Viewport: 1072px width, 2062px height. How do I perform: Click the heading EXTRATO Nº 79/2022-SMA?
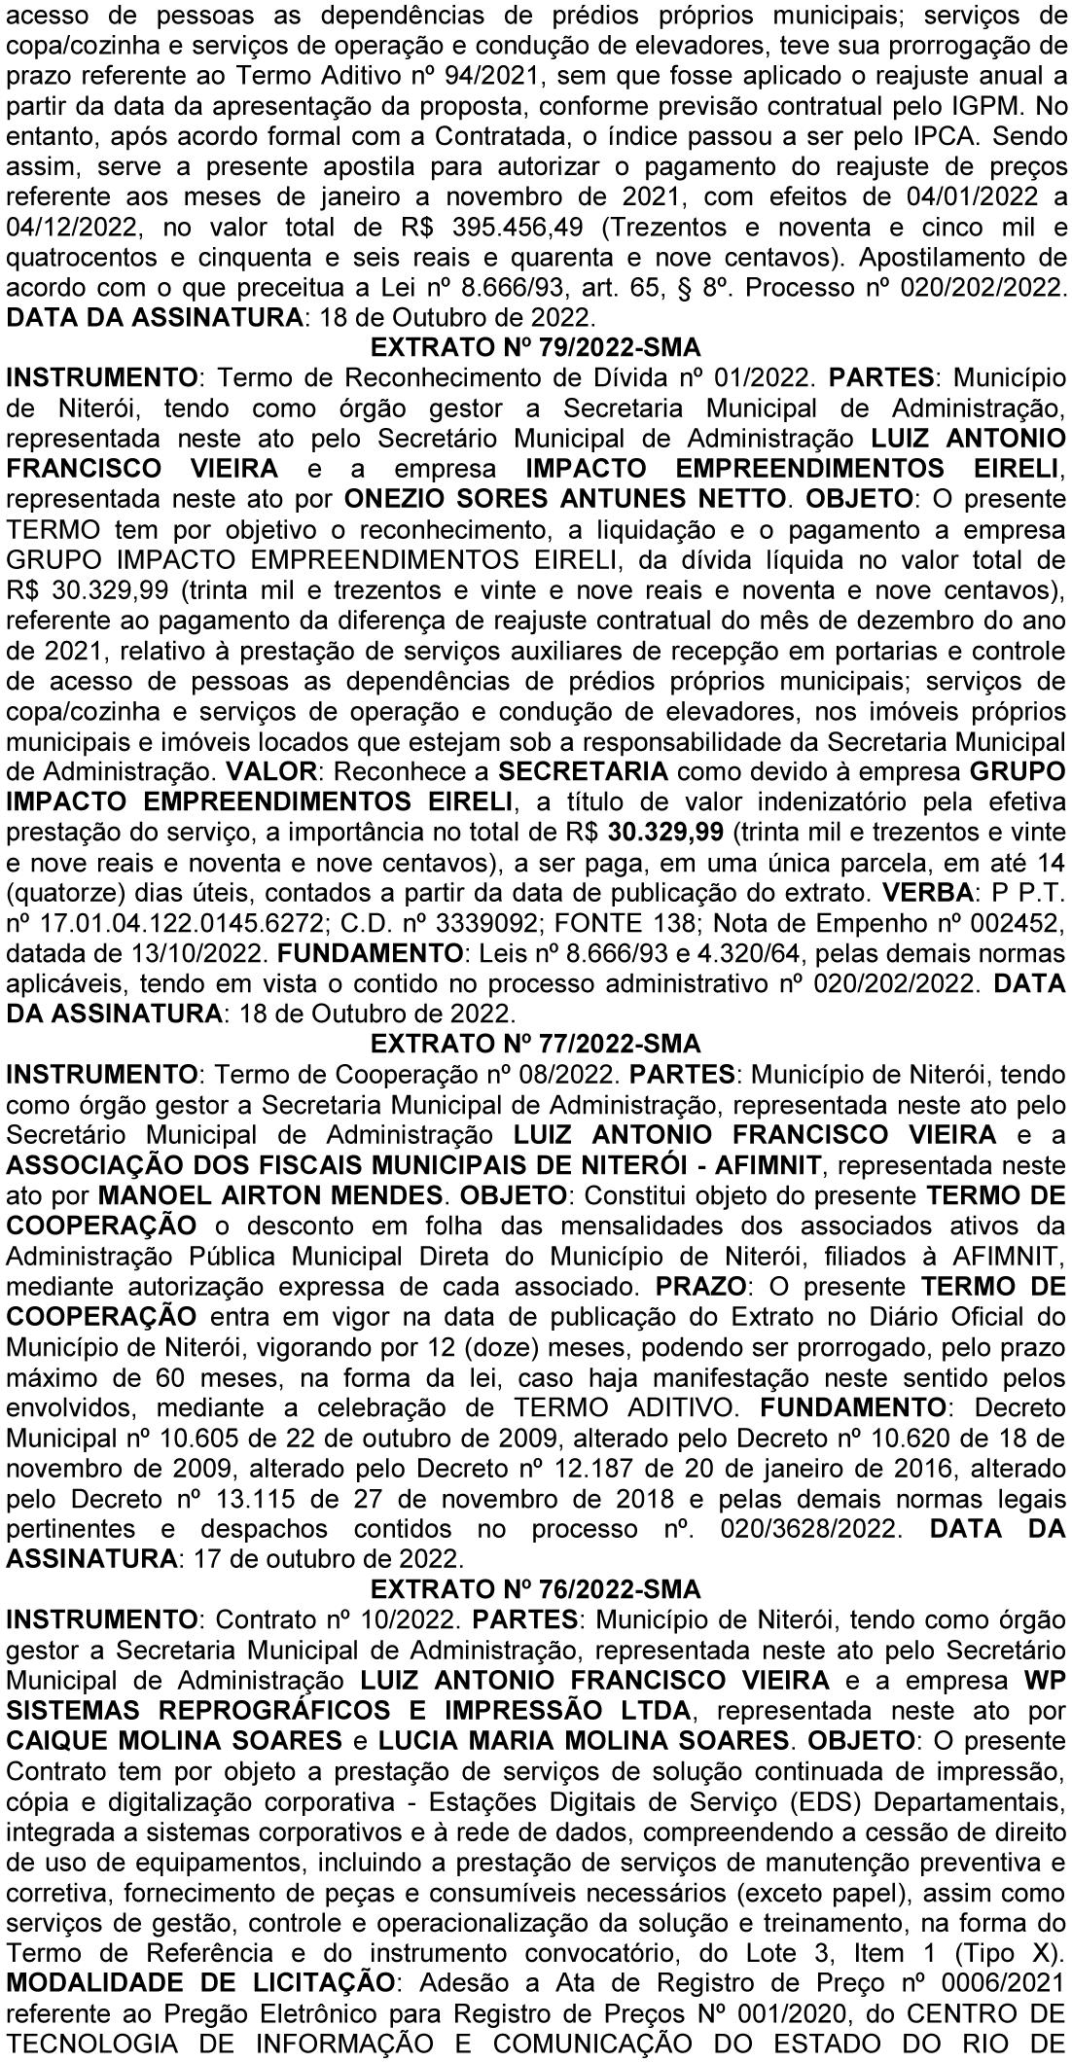pos(536,346)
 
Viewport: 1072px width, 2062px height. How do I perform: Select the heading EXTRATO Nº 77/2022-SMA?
pos(536,1044)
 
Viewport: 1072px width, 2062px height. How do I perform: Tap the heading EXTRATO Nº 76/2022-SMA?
pos(536,1588)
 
